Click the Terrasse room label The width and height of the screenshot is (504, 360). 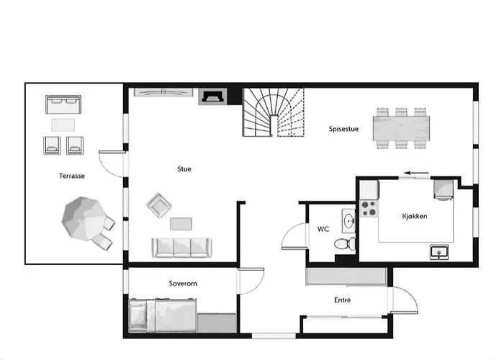72,176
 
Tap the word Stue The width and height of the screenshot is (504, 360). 184,169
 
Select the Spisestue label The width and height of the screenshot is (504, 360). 343,129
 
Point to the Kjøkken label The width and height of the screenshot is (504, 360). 415,216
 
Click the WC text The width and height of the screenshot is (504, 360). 323,229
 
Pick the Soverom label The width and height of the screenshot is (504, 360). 183,284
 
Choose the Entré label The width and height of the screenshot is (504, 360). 342,300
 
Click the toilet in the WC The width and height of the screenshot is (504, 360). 345,243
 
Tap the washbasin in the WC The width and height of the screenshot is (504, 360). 348,220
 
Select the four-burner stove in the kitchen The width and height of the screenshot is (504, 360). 369,208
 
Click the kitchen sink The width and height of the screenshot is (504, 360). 439,252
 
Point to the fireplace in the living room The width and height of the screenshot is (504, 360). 212,96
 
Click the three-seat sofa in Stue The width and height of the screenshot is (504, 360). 181,248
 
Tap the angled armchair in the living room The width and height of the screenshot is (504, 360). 159,205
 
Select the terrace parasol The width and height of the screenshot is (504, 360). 84,219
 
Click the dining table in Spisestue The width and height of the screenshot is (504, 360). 401,129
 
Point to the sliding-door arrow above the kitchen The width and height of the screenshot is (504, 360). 416,174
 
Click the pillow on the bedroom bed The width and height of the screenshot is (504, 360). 138,315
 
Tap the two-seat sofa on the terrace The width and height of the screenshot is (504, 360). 63,104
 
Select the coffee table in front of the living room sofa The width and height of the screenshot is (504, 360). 181,224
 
